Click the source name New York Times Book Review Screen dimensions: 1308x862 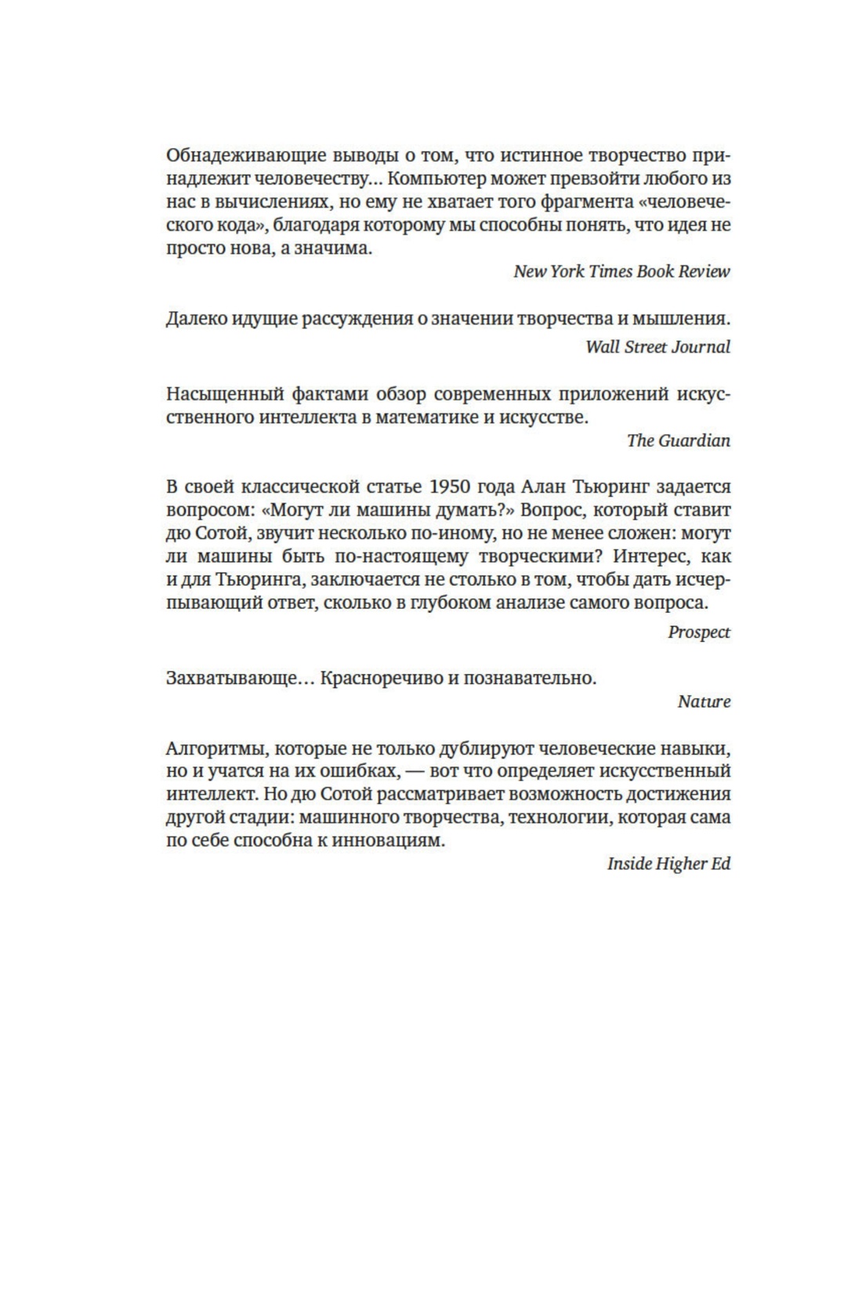tap(621, 271)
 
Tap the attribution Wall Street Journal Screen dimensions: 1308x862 tap(657, 346)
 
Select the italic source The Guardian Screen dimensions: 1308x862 tap(678, 440)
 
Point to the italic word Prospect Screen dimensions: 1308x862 tap(698, 632)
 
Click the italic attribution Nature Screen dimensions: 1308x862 tap(704, 701)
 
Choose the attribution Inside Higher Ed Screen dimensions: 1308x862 tap(668, 864)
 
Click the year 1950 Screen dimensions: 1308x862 tap(448, 486)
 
